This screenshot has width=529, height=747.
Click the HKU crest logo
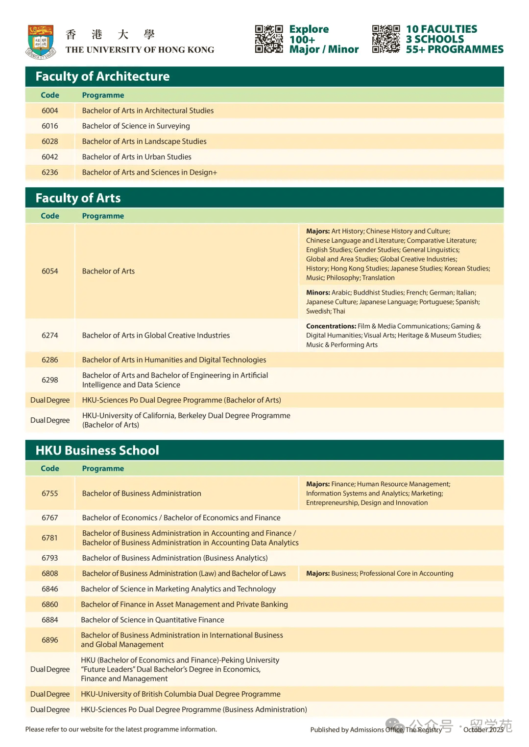coord(41,42)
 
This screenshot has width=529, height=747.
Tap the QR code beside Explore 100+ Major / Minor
coord(269,39)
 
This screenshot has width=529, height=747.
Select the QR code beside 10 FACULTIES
coord(386,39)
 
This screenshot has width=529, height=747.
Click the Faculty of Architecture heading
coord(102,76)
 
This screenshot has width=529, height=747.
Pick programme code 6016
coord(50,126)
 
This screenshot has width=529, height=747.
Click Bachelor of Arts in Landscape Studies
coord(144,141)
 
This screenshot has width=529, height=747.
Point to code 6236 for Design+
coord(50,172)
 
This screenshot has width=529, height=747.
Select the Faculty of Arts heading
coord(78,198)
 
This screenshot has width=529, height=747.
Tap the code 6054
coord(50,271)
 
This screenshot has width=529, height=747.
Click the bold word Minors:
coord(318,293)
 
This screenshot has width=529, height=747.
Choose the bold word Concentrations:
coord(331,326)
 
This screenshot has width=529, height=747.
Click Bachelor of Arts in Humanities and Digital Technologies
coord(174,360)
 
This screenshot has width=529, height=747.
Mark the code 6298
coord(50,380)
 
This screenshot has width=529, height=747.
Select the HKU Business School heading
coord(97,451)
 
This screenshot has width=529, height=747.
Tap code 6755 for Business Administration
coord(50,493)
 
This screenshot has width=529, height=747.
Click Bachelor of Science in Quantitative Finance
coord(152,620)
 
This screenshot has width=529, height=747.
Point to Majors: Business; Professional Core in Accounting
coord(380,573)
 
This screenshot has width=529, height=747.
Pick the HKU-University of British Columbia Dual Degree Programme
coord(180,694)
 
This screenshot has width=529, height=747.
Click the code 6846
coord(50,589)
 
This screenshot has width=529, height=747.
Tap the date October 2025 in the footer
coord(483,729)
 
